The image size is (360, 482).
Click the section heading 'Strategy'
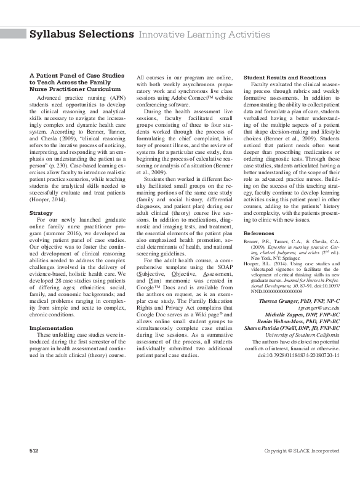[x=41, y=212]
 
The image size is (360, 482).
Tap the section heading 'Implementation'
[x=51, y=328]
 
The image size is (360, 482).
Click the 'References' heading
[x=259, y=234]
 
